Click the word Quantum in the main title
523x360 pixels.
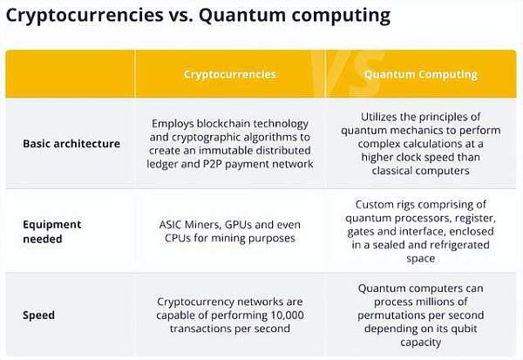[x=242, y=16]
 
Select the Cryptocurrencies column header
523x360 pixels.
[x=230, y=74]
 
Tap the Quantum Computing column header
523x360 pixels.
[x=421, y=74]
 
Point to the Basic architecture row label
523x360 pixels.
[x=71, y=144]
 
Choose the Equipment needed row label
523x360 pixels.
[x=52, y=232]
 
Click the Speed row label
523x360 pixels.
[x=38, y=316]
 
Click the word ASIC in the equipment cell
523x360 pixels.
[x=171, y=225]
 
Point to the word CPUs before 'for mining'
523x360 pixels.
[x=178, y=238]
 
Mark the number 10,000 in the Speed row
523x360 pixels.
[x=287, y=316]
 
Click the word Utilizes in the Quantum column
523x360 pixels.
[x=379, y=117]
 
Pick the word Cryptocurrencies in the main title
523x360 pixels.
[x=85, y=16]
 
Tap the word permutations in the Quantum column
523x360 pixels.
[x=389, y=316]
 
